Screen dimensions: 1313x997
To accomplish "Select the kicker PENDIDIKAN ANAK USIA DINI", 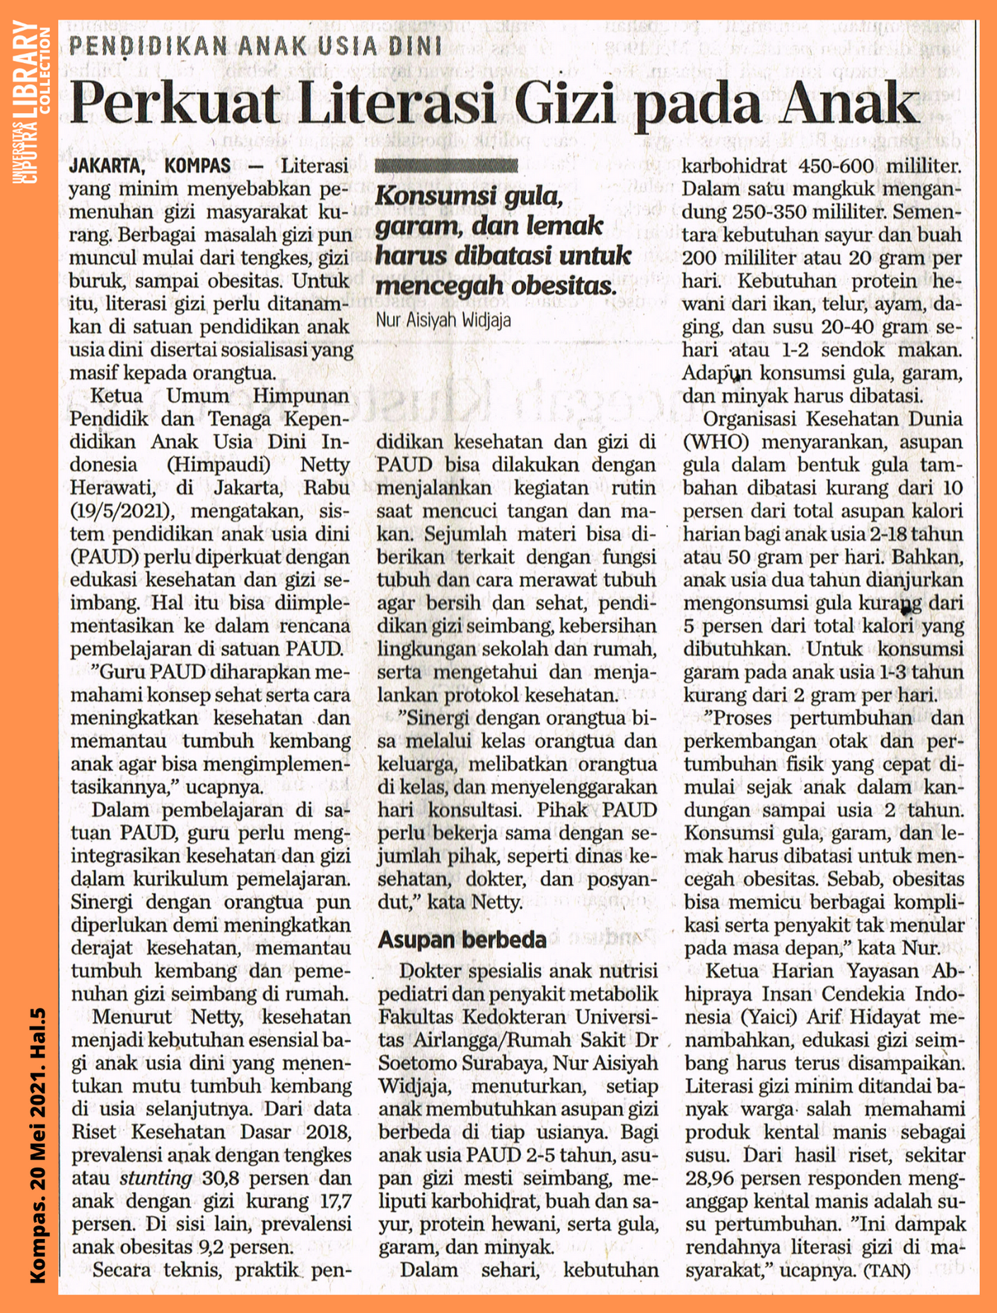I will pyautogui.click(x=255, y=47).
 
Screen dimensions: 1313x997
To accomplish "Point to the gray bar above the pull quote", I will pyautogui.click(x=446, y=166).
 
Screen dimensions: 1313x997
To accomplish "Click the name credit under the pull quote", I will pyautogui.click(x=443, y=320).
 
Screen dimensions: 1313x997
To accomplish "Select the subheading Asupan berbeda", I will pyautogui.click(x=462, y=939).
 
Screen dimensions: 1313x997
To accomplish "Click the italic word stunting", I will pyautogui.click(x=156, y=1178).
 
